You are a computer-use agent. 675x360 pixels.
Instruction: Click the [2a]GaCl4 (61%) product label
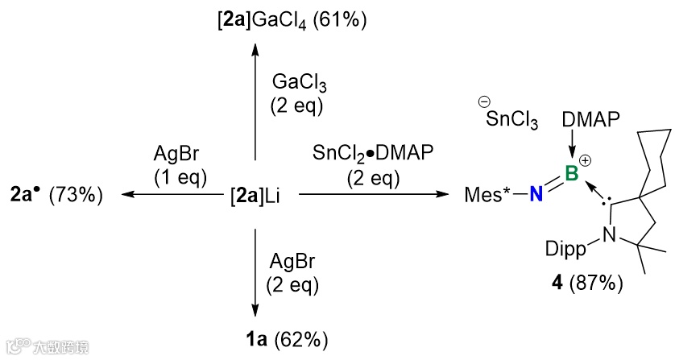[x=292, y=19]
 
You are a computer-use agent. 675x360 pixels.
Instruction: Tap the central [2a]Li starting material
[x=255, y=194]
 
